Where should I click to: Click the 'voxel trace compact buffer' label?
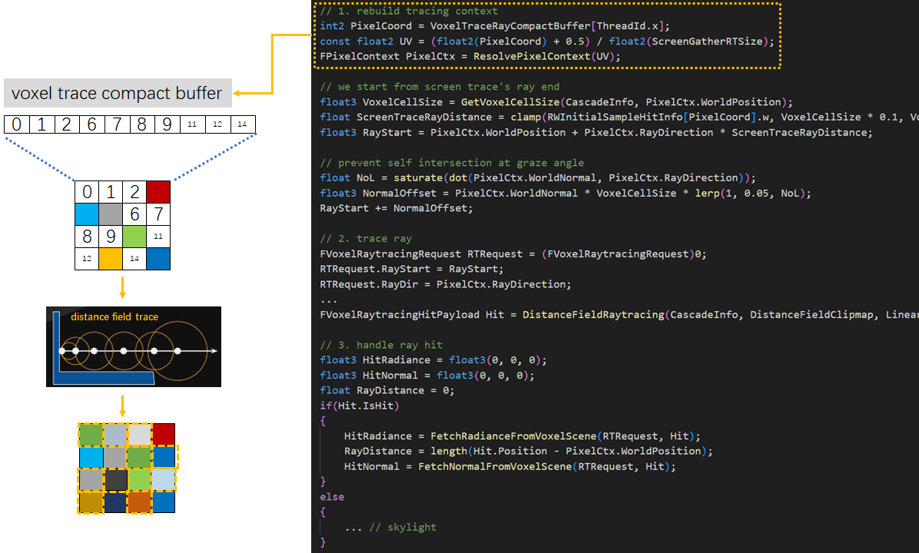[117, 94]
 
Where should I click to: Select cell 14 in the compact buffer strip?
[242, 124]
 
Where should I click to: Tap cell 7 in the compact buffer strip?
[117, 124]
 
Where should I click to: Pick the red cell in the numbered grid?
[158, 192]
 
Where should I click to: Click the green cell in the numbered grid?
[134, 237]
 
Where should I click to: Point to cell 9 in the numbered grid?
[111, 237]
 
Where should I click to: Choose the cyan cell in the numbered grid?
[87, 214]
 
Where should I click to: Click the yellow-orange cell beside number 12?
[111, 259]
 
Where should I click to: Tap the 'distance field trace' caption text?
[114, 316]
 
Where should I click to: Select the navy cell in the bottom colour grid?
[115, 502]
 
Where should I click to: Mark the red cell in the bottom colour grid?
[163, 434]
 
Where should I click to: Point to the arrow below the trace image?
[122, 404]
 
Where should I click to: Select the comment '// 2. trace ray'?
[366, 239]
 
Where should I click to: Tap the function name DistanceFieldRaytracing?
[593, 314]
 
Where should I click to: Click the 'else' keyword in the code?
[332, 497]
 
